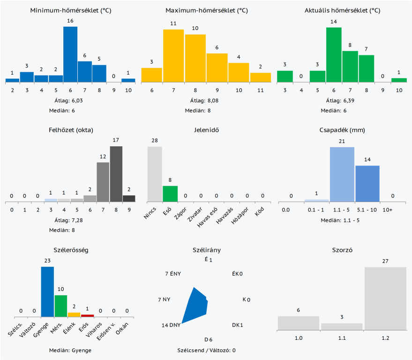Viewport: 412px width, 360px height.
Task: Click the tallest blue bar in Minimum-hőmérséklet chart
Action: point(70,54)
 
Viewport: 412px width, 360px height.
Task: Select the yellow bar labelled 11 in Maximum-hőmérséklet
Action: point(261,77)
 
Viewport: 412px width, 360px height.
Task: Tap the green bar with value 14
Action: point(334,55)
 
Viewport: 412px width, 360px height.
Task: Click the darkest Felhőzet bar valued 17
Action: point(116,174)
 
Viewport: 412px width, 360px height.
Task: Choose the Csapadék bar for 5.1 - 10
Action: point(367,183)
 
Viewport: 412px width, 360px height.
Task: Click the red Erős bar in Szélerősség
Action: point(87,315)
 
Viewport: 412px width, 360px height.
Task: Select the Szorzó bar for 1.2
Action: point(385,299)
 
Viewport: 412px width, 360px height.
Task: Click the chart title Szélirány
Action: point(207,250)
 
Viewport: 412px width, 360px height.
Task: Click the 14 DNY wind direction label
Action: point(171,325)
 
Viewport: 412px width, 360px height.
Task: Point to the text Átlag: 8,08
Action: point(206,100)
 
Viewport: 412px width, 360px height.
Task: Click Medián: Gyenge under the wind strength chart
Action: point(70,350)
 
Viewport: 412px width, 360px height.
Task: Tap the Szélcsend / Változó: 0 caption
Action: point(206,350)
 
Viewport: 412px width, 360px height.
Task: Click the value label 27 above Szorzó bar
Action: point(385,261)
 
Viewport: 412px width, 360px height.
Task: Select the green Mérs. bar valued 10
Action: point(61,306)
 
